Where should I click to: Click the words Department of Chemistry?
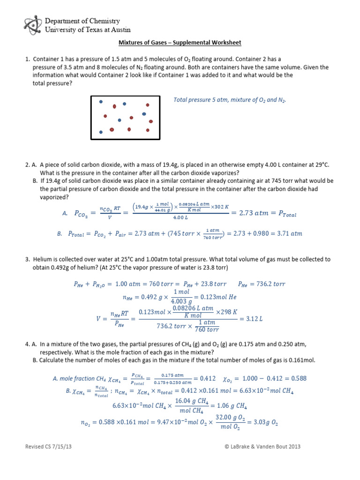pyautogui.click(x=82, y=21)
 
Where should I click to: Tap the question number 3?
pyautogui.click(x=27, y=259)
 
